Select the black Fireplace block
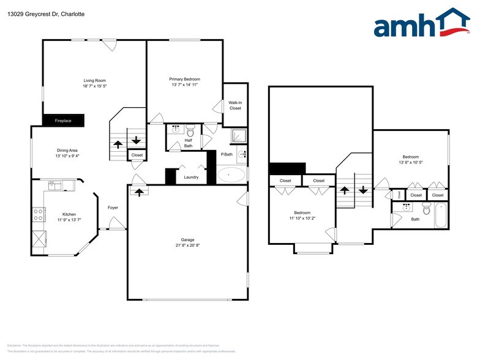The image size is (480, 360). point(63,121)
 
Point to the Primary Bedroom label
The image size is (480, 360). point(184,79)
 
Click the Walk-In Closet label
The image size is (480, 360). point(235,105)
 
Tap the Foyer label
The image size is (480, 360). point(113,208)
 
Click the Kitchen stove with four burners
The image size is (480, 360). point(38,214)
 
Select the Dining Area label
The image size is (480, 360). point(67,150)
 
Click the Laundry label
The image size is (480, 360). point(191,178)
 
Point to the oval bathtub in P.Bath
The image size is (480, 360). point(231,175)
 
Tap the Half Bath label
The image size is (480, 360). point(189,143)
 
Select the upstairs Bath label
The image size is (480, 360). point(415,219)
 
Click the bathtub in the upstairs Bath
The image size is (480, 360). point(441,216)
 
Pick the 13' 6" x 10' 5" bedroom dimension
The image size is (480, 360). point(410,162)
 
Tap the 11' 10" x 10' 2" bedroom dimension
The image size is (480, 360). point(302,218)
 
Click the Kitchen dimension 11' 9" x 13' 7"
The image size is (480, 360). point(69,219)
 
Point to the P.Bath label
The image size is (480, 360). point(227,154)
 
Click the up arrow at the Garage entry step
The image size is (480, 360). point(139,192)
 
